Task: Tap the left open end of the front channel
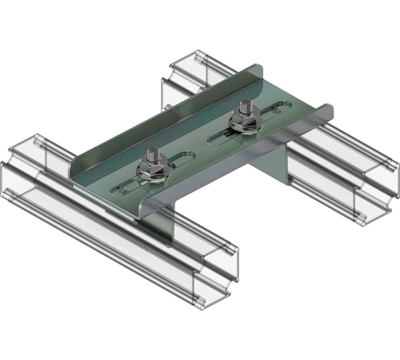pos(29,168)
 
